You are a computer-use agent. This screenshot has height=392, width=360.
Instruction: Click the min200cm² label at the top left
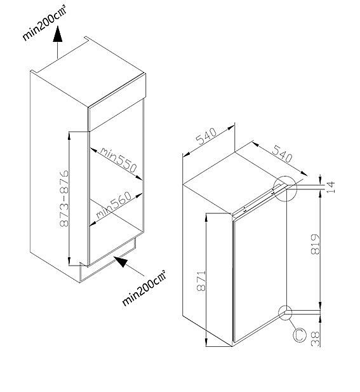point(44,23)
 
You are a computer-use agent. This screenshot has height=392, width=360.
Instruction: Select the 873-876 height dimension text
point(65,198)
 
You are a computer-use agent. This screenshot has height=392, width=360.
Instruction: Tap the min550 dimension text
point(119,159)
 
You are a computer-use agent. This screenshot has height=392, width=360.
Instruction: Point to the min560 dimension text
point(114,205)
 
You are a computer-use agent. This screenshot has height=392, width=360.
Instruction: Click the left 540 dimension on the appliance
point(206,137)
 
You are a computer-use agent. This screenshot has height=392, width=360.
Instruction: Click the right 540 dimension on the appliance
point(282,154)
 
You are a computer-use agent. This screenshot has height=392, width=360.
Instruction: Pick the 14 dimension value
point(330,187)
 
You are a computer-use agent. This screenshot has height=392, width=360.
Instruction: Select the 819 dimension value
point(316,244)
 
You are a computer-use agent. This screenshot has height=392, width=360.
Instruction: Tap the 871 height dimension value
point(201,281)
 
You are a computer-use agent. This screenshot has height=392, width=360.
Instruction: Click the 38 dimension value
point(316,339)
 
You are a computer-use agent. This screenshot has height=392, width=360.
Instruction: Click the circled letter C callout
point(299,335)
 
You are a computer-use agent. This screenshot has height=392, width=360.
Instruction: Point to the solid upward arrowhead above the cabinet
point(58,34)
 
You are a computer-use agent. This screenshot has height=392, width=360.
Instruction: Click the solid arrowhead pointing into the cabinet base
point(121,261)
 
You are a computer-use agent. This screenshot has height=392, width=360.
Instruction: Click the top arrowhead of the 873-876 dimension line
point(69,136)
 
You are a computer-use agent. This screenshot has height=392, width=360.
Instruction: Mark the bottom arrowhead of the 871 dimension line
point(206,342)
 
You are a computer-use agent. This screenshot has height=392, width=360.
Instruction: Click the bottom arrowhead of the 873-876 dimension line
point(69,260)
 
